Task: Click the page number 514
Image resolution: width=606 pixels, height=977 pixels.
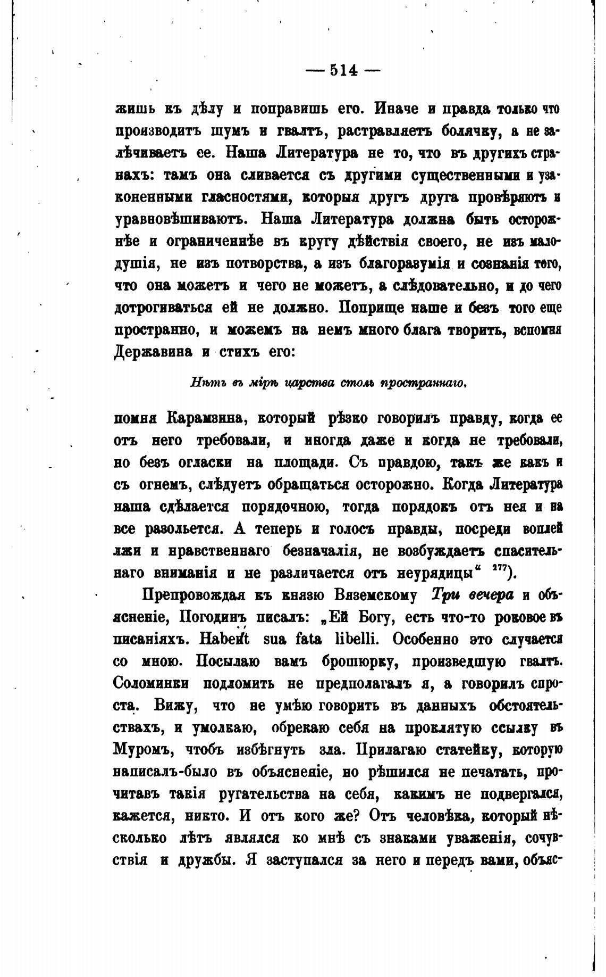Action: (344, 70)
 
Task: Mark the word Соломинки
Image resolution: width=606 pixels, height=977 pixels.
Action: (150, 683)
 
